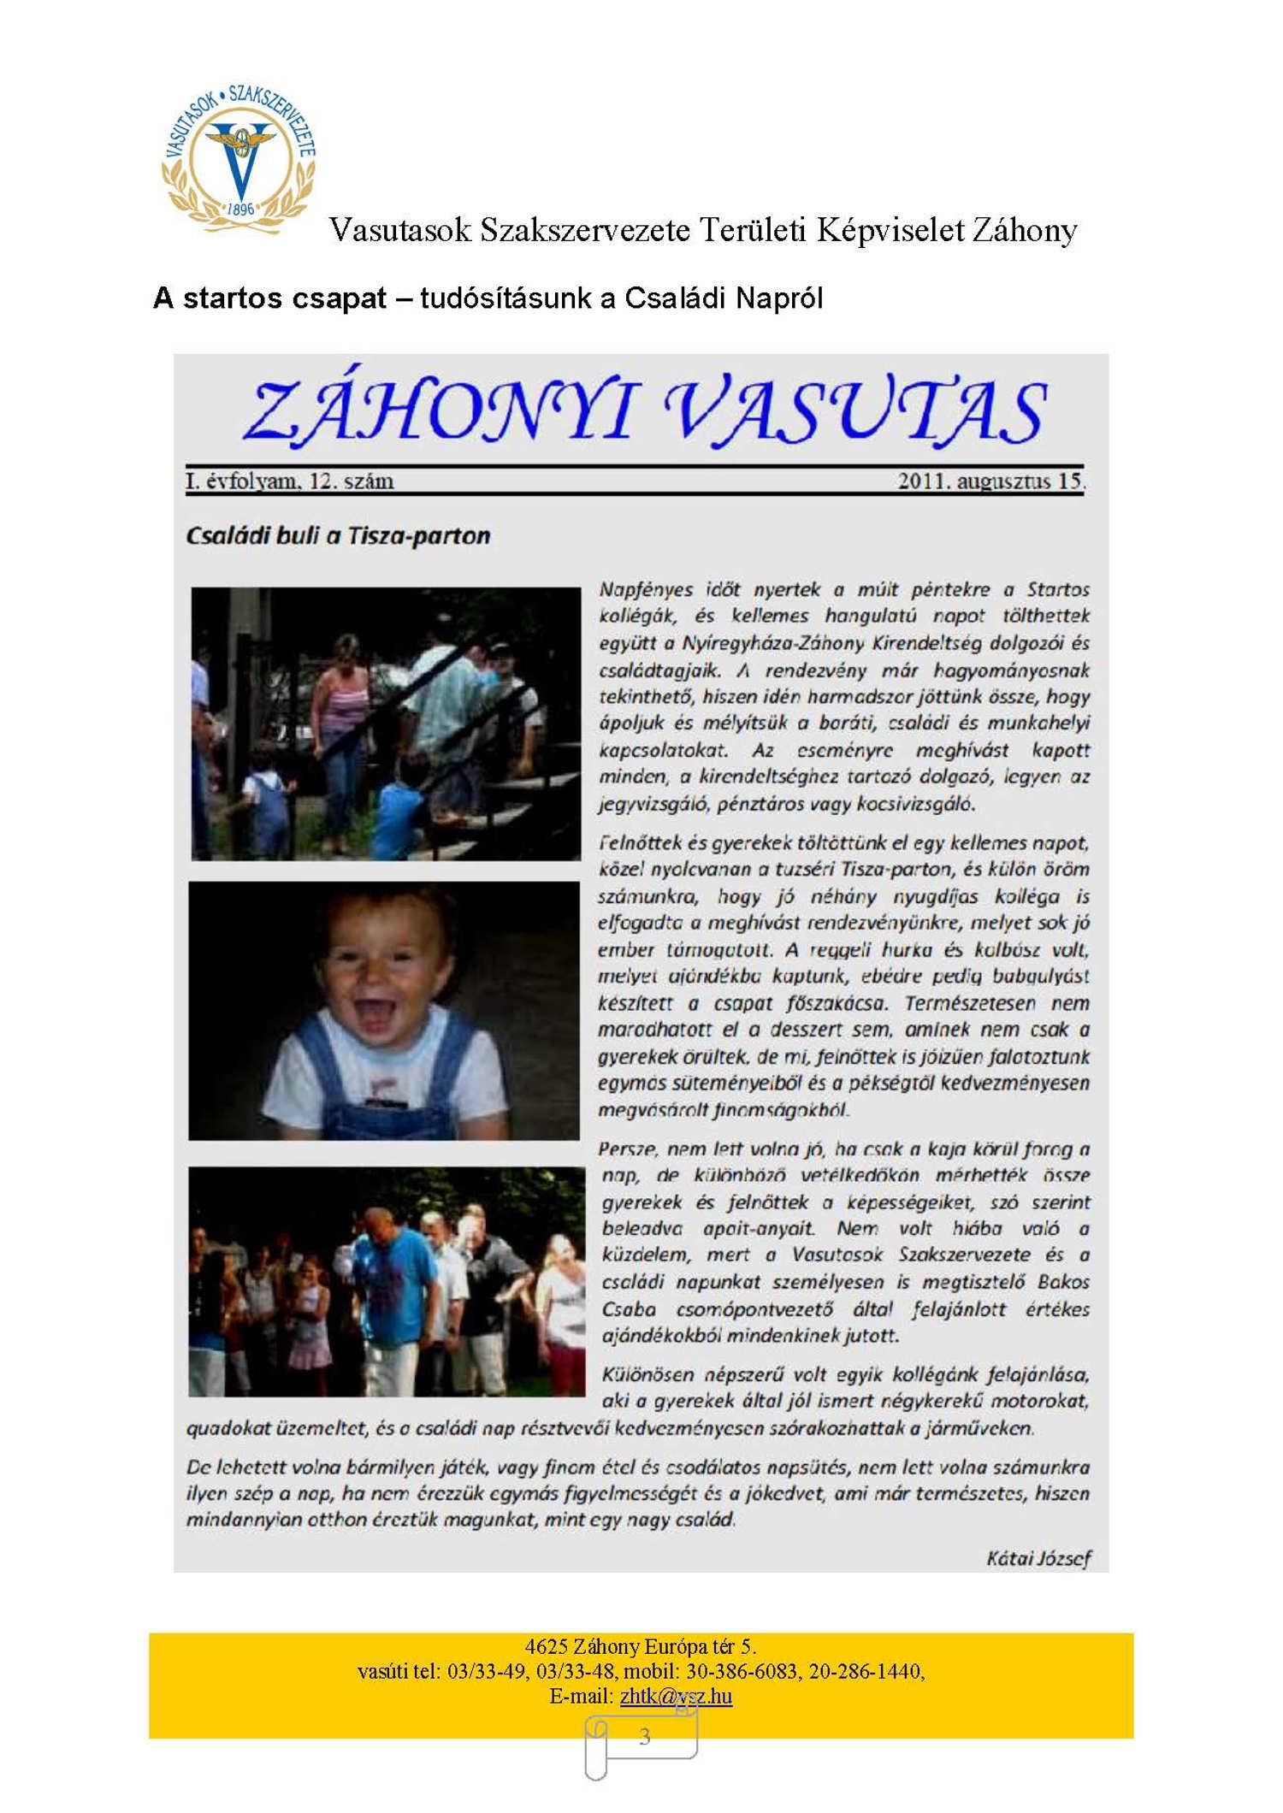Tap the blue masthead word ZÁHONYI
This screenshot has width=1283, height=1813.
click(x=440, y=410)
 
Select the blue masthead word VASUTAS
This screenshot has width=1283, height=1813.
click(x=854, y=410)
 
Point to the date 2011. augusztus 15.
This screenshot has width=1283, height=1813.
click(x=990, y=481)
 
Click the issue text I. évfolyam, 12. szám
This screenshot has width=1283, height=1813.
click(x=290, y=481)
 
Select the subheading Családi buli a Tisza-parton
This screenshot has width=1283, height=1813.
click(x=339, y=536)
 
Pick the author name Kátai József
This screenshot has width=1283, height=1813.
click(x=1038, y=1558)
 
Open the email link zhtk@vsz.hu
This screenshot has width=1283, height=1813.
click(x=676, y=1696)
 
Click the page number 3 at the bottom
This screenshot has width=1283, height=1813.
click(x=644, y=1736)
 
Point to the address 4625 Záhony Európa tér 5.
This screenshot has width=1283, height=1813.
click(x=641, y=1646)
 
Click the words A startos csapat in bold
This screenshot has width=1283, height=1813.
click(x=270, y=298)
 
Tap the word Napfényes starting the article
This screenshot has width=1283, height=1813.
click(x=646, y=589)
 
